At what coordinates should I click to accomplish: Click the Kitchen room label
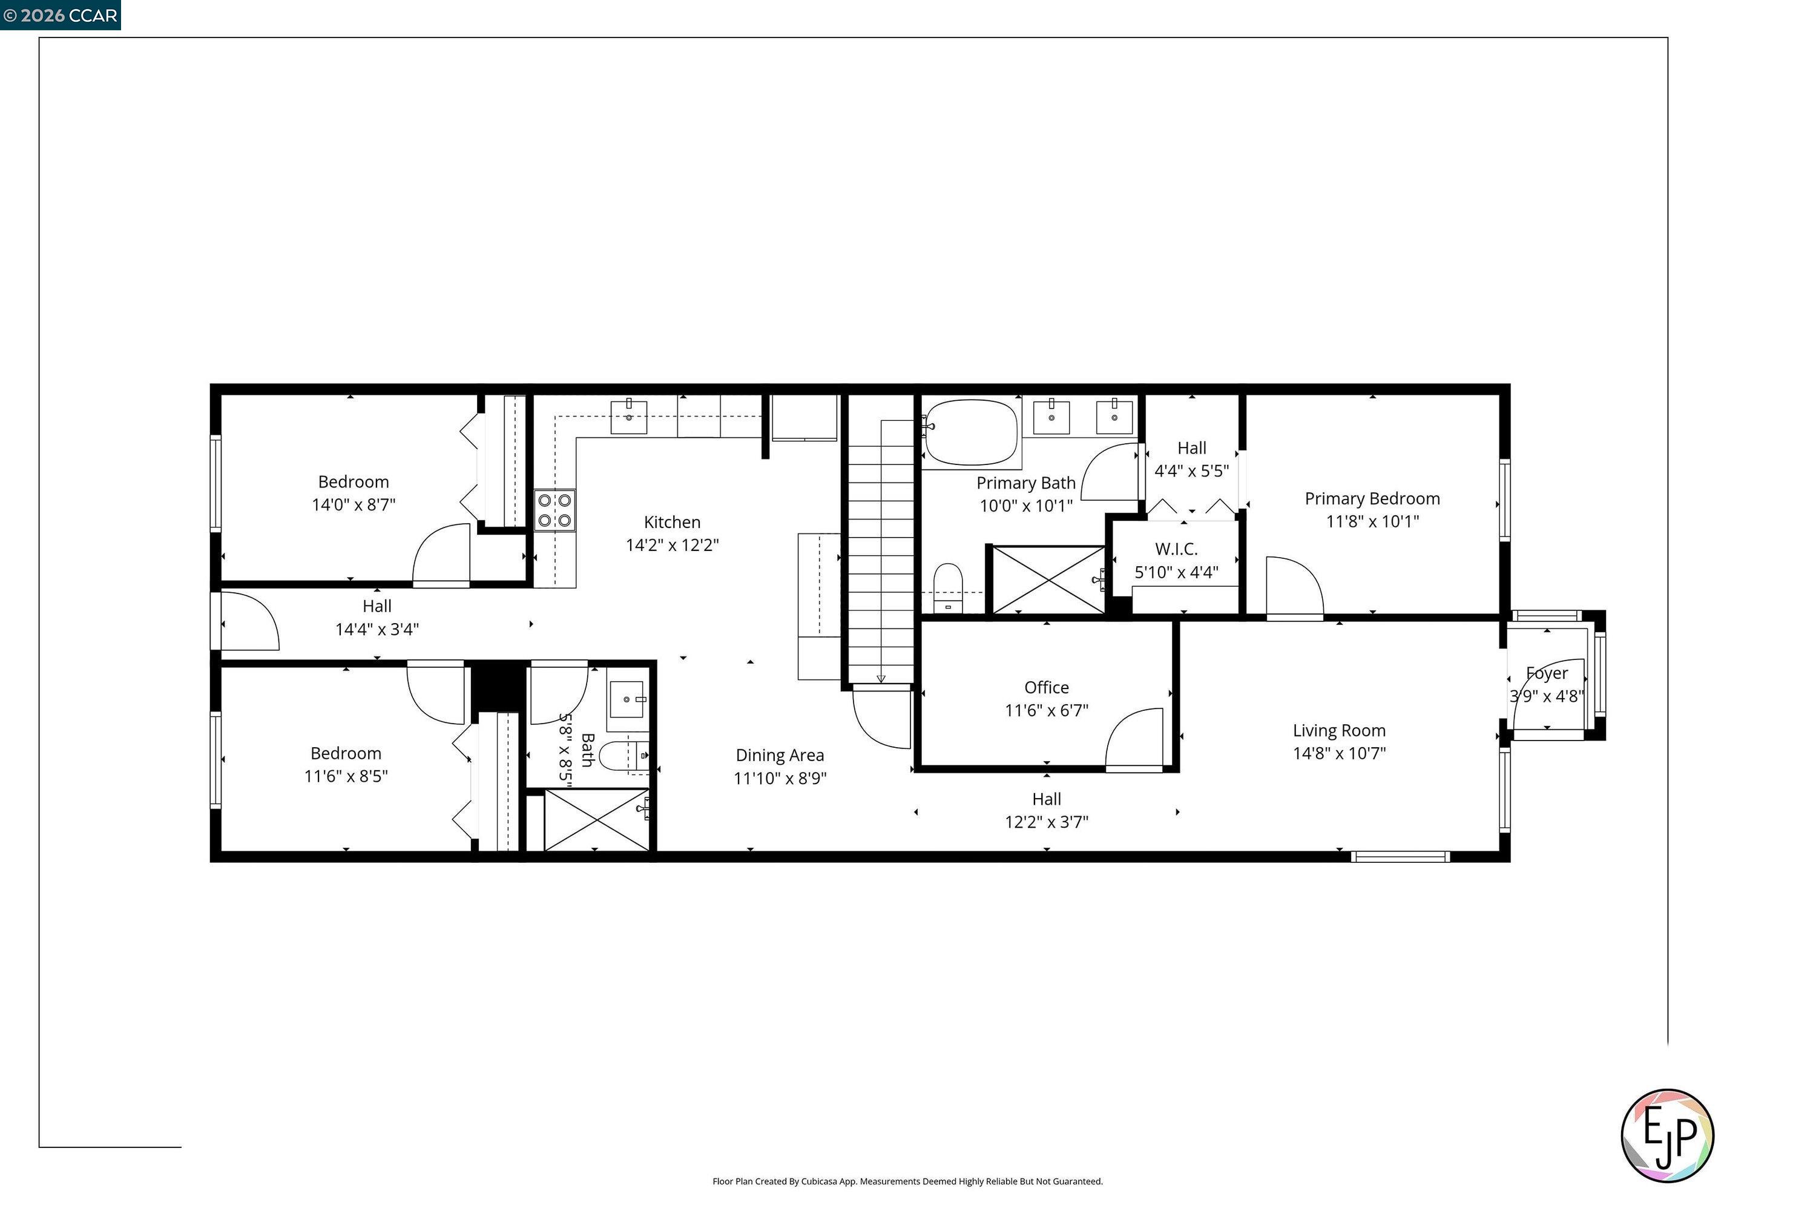(x=672, y=522)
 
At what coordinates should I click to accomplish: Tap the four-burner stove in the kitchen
(x=554, y=510)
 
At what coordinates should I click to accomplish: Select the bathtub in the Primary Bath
(x=972, y=432)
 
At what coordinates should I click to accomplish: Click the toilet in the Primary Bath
(x=948, y=587)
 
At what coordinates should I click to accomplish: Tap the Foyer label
(x=1547, y=673)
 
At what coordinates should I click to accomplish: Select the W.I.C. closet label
(x=1176, y=549)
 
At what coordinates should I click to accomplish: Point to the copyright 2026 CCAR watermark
(x=60, y=15)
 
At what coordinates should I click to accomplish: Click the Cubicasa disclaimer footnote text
(x=907, y=1181)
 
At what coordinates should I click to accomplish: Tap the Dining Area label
(x=779, y=754)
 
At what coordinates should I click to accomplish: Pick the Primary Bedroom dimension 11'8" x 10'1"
(x=1372, y=521)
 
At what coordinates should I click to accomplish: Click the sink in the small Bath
(x=627, y=700)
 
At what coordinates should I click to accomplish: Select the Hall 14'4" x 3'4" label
(x=377, y=617)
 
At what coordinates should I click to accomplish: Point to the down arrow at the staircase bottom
(x=881, y=678)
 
